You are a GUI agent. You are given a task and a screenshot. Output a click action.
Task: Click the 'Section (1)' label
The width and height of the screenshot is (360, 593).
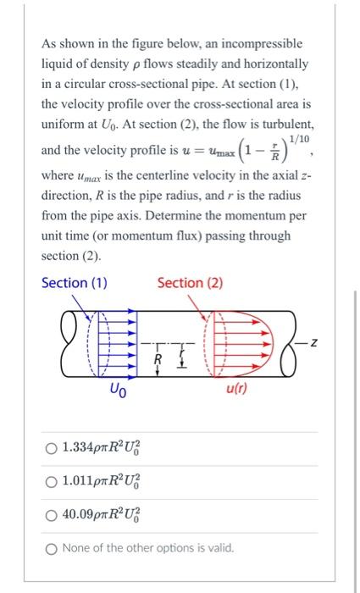(x=75, y=283)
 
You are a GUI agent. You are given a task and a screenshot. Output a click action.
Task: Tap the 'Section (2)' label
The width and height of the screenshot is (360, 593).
(x=190, y=283)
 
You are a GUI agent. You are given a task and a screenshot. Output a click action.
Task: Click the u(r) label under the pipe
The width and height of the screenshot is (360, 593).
(x=236, y=389)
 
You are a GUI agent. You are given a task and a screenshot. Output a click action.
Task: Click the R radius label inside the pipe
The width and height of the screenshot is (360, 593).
(x=157, y=358)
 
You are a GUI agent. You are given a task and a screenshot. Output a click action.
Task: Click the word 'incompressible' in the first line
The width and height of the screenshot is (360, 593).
(x=252, y=43)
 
